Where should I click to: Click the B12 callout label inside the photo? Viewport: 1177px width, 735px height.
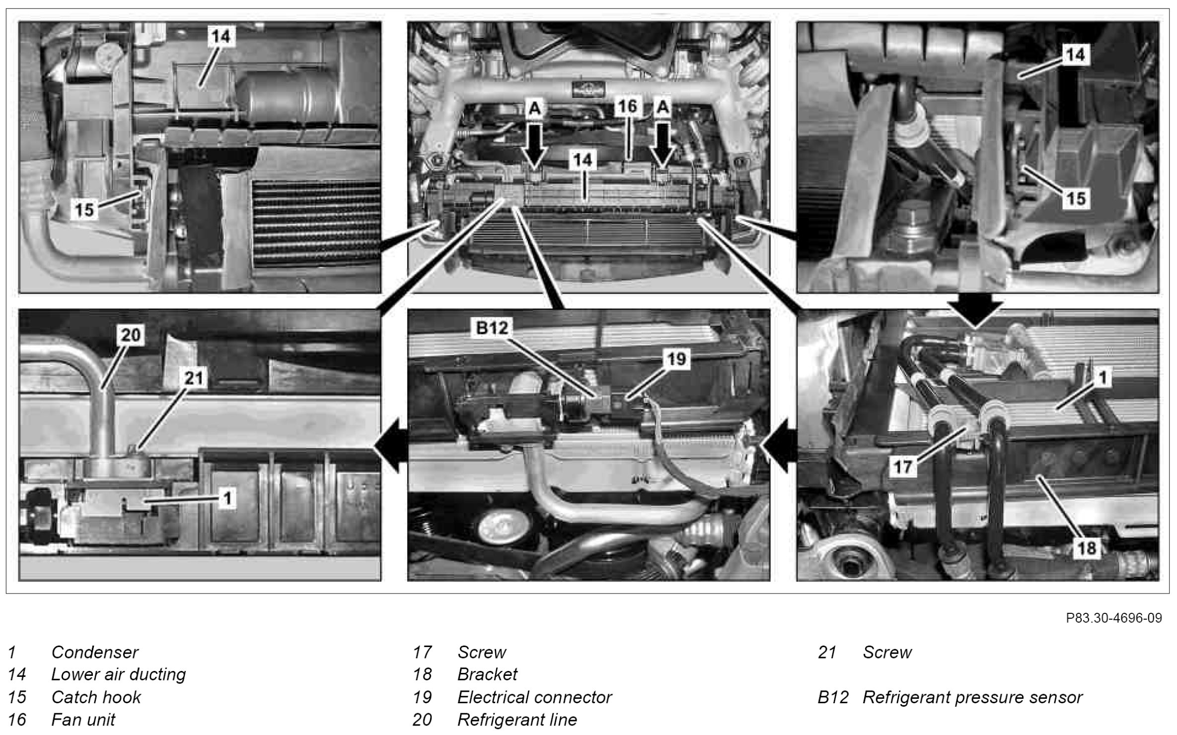[492, 328]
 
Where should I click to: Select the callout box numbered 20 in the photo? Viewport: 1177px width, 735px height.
[131, 335]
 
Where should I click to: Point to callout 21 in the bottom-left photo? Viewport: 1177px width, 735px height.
[194, 378]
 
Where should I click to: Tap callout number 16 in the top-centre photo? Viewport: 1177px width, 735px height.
[628, 106]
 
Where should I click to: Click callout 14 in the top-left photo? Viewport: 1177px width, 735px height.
[221, 37]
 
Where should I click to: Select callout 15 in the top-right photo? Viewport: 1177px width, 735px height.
[1076, 199]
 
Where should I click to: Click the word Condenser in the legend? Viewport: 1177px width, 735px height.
[95, 652]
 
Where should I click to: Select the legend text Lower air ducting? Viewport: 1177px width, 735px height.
[118, 674]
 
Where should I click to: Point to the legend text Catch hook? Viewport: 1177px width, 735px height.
[96, 697]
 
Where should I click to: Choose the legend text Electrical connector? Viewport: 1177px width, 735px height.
[534, 697]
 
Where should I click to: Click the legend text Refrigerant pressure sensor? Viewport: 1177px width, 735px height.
[972, 697]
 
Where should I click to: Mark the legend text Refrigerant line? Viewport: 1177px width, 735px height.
[517, 720]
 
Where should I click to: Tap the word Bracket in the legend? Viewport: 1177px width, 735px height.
[487, 674]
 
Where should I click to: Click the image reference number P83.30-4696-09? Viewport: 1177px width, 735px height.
[1114, 618]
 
